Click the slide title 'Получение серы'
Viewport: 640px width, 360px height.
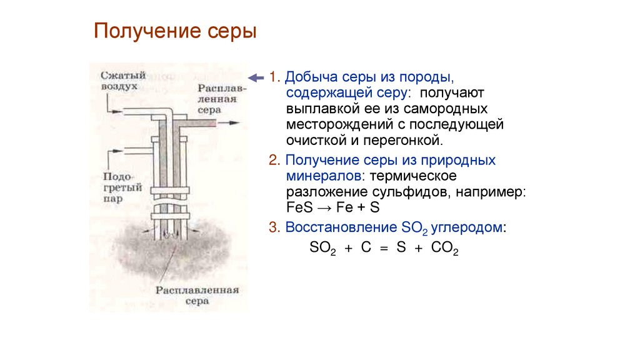(176, 31)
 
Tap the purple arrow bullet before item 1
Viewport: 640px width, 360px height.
(256, 77)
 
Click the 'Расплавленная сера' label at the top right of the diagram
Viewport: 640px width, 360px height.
(222, 99)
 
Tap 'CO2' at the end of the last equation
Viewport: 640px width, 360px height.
(446, 248)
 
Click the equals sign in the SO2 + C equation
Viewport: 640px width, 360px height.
(384, 247)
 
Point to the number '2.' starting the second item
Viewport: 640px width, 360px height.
(274, 160)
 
